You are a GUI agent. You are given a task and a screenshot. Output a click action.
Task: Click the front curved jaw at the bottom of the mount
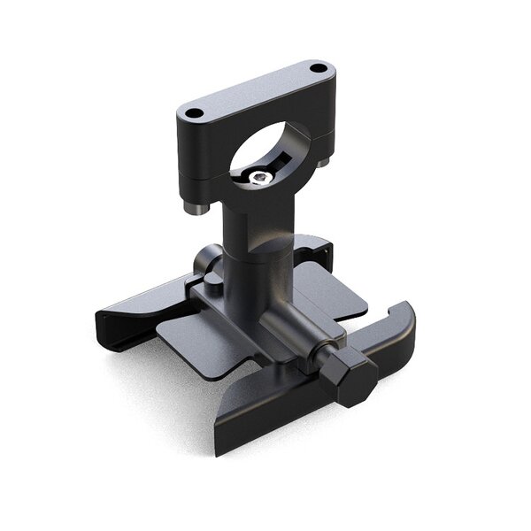[x=265, y=425]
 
